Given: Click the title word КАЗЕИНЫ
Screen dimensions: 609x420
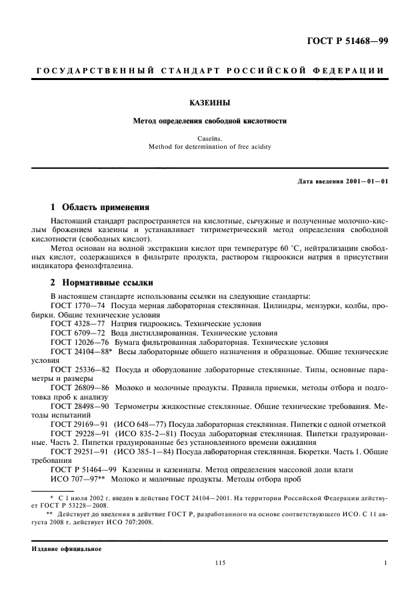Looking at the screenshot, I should coord(209,103).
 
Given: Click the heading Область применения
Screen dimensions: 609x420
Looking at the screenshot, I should coord(105,207).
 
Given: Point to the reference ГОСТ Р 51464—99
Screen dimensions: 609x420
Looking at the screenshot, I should coord(83,470).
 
